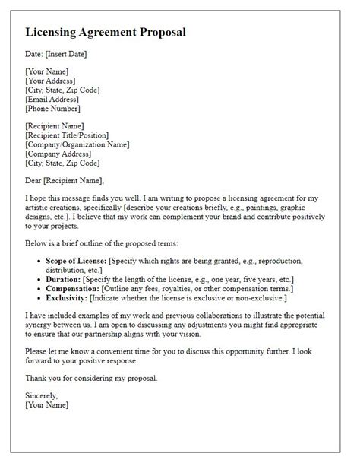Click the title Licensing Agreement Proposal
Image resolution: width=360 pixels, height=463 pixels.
pyautogui.click(x=105, y=33)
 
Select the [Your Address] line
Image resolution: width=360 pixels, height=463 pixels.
pyautogui.click(x=50, y=80)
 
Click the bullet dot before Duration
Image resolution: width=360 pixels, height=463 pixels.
pyautogui.click(x=38, y=280)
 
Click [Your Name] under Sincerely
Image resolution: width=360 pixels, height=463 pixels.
pyautogui.click(x=46, y=405)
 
